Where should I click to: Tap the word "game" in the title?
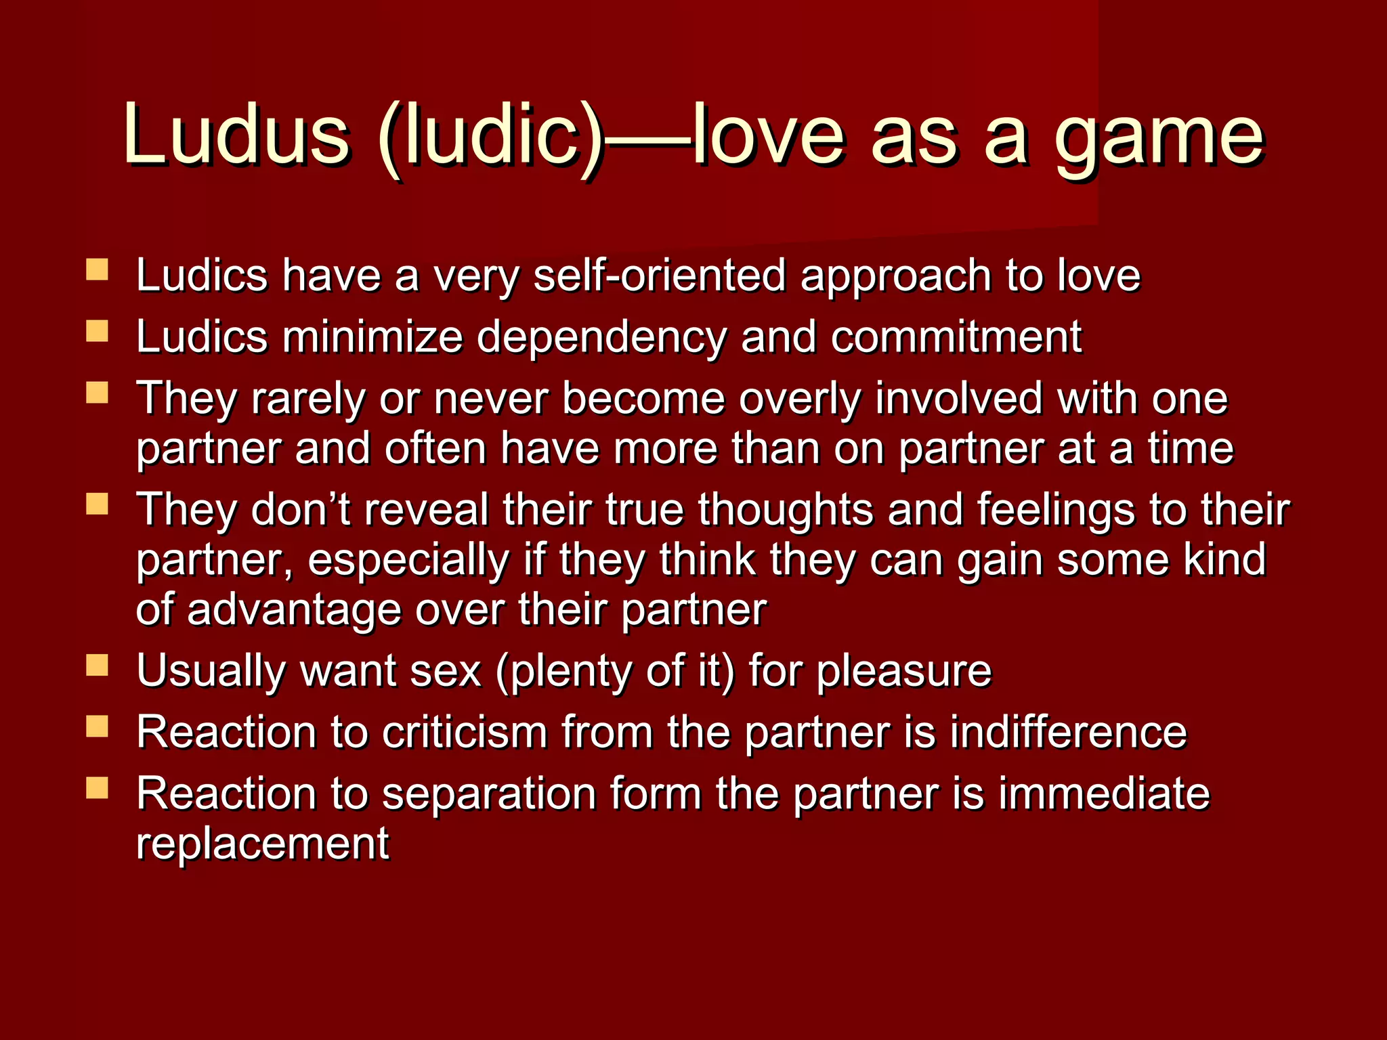pyautogui.click(x=1159, y=139)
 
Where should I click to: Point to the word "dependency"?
pyautogui.click(x=601, y=337)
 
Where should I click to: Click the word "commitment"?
pyautogui.click(x=956, y=337)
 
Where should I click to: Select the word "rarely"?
pyautogui.click(x=308, y=399)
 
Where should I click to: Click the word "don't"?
pyautogui.click(x=301, y=509)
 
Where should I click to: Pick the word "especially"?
pyautogui.click(x=408, y=561)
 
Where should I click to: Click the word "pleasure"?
pyautogui.click(x=903, y=672)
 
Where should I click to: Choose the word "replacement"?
pyautogui.click(x=263, y=844)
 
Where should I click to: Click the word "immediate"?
pyautogui.click(x=1104, y=793)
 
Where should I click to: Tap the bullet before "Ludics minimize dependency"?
pyautogui.click(x=98, y=331)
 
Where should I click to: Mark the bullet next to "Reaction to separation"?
pyautogui.click(x=98, y=787)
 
